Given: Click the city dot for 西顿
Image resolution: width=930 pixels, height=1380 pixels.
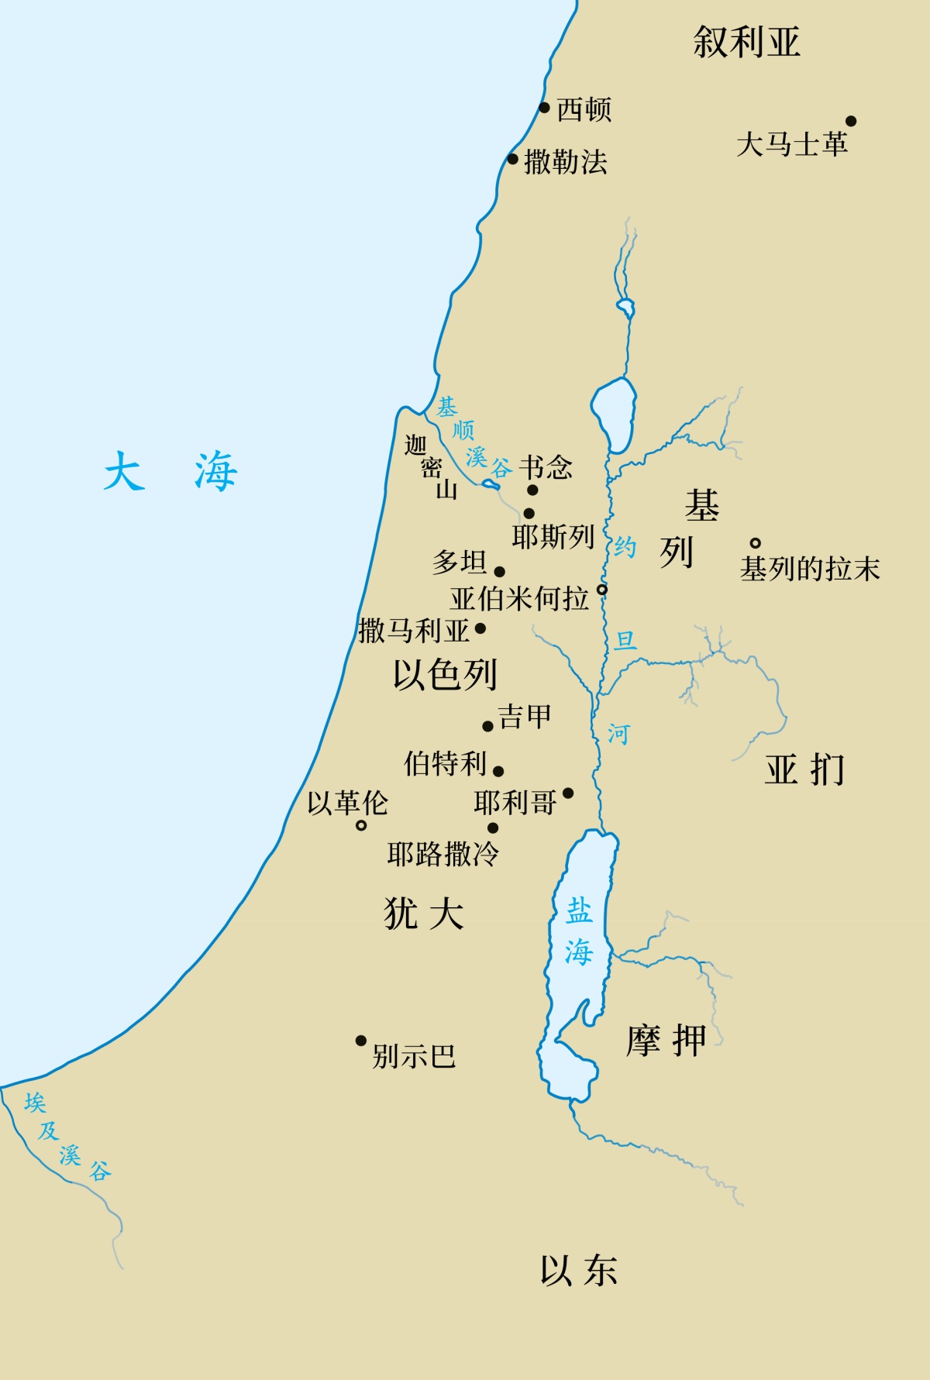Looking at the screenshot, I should click(x=544, y=108).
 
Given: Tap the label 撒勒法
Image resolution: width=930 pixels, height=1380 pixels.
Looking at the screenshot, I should click(x=566, y=162).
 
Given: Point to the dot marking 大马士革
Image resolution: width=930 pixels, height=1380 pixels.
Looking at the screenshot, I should click(x=850, y=121).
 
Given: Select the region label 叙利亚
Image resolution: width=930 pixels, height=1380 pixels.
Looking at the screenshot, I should click(x=746, y=42).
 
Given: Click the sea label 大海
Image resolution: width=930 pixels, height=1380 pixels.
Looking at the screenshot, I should click(x=170, y=471).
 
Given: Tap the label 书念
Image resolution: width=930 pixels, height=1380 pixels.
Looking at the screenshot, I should click(x=546, y=466).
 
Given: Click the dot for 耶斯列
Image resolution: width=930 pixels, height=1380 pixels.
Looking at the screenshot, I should click(x=529, y=513).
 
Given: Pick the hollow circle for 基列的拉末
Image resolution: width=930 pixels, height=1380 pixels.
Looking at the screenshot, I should click(x=755, y=543).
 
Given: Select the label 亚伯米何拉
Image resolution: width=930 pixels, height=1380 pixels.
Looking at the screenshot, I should click(x=519, y=598).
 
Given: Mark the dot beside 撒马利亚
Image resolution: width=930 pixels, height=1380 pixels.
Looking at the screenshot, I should click(x=480, y=628).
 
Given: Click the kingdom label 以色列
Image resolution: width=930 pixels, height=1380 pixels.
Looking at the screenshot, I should click(x=445, y=674).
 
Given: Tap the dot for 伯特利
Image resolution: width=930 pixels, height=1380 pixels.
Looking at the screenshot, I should click(x=498, y=771).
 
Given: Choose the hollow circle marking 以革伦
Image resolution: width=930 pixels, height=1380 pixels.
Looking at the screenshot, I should click(x=361, y=826).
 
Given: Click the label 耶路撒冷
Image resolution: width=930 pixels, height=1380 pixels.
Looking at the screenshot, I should click(x=443, y=854).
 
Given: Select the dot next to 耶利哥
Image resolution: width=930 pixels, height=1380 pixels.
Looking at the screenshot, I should click(x=568, y=793).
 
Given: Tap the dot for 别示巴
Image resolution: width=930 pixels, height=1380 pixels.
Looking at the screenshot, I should click(x=360, y=1041).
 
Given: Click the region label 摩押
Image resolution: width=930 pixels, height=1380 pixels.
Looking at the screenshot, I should click(x=666, y=1041).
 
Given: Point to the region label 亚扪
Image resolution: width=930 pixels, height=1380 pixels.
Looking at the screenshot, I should click(x=804, y=769).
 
